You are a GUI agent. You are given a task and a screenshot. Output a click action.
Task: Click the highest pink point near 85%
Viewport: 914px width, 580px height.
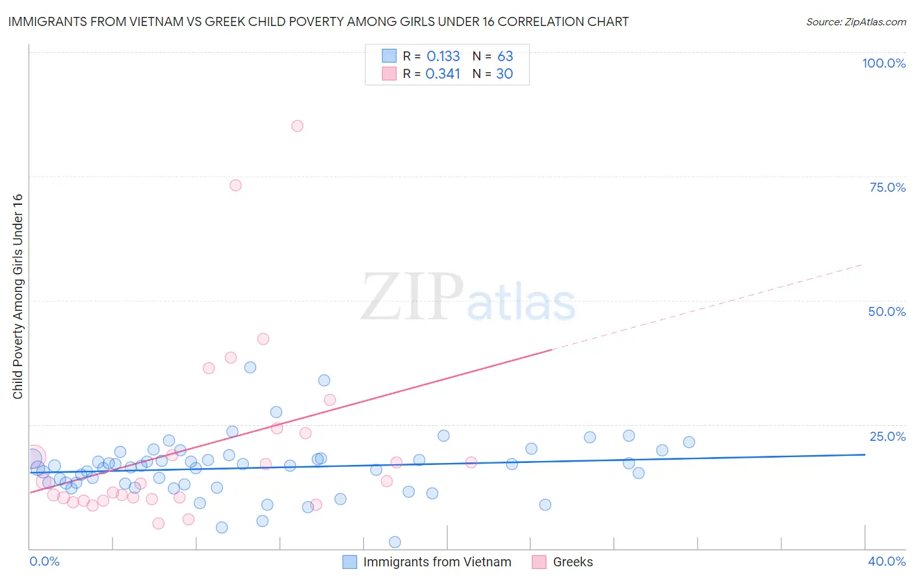pos(297,126)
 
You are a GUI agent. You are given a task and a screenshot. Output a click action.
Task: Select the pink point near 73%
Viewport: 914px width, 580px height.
pos(235,185)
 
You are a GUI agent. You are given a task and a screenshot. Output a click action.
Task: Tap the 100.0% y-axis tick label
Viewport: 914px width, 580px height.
pos(883,63)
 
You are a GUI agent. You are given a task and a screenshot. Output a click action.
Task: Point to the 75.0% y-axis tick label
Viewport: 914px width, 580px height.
pos(887,187)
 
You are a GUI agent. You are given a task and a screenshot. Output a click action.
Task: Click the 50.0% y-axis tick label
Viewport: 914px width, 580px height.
pos(887,311)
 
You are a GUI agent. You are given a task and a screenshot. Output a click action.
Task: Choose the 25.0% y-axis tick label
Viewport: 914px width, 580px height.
pos(887,436)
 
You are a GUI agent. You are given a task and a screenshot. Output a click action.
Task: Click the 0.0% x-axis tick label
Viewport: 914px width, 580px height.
pos(44,561)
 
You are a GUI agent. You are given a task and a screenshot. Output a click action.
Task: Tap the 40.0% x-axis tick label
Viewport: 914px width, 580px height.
pos(886,561)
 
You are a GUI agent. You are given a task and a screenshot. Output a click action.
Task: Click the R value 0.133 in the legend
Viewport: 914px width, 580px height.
pos(443,57)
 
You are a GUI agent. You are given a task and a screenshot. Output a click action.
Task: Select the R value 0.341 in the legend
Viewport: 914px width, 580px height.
pos(443,74)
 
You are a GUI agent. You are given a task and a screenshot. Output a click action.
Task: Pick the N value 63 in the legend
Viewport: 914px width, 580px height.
pos(505,57)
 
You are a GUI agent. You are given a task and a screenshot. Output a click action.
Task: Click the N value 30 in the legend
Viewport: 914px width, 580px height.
pos(504,74)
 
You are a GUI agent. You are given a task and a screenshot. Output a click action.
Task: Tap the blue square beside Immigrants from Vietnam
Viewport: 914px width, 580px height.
pos(350,562)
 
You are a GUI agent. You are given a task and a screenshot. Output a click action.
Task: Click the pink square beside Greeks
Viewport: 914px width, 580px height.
pos(539,562)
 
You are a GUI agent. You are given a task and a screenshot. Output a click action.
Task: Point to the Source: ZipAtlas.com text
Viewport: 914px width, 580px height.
pos(855,22)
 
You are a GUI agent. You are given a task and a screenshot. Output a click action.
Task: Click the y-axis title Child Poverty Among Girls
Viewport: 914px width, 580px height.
pos(18,297)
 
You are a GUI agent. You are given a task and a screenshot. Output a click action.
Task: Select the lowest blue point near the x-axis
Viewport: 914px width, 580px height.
pos(395,542)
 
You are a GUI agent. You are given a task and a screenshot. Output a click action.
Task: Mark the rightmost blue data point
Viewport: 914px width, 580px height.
pos(689,442)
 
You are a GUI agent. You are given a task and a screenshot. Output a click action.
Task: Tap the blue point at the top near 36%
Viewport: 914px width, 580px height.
pos(250,367)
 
